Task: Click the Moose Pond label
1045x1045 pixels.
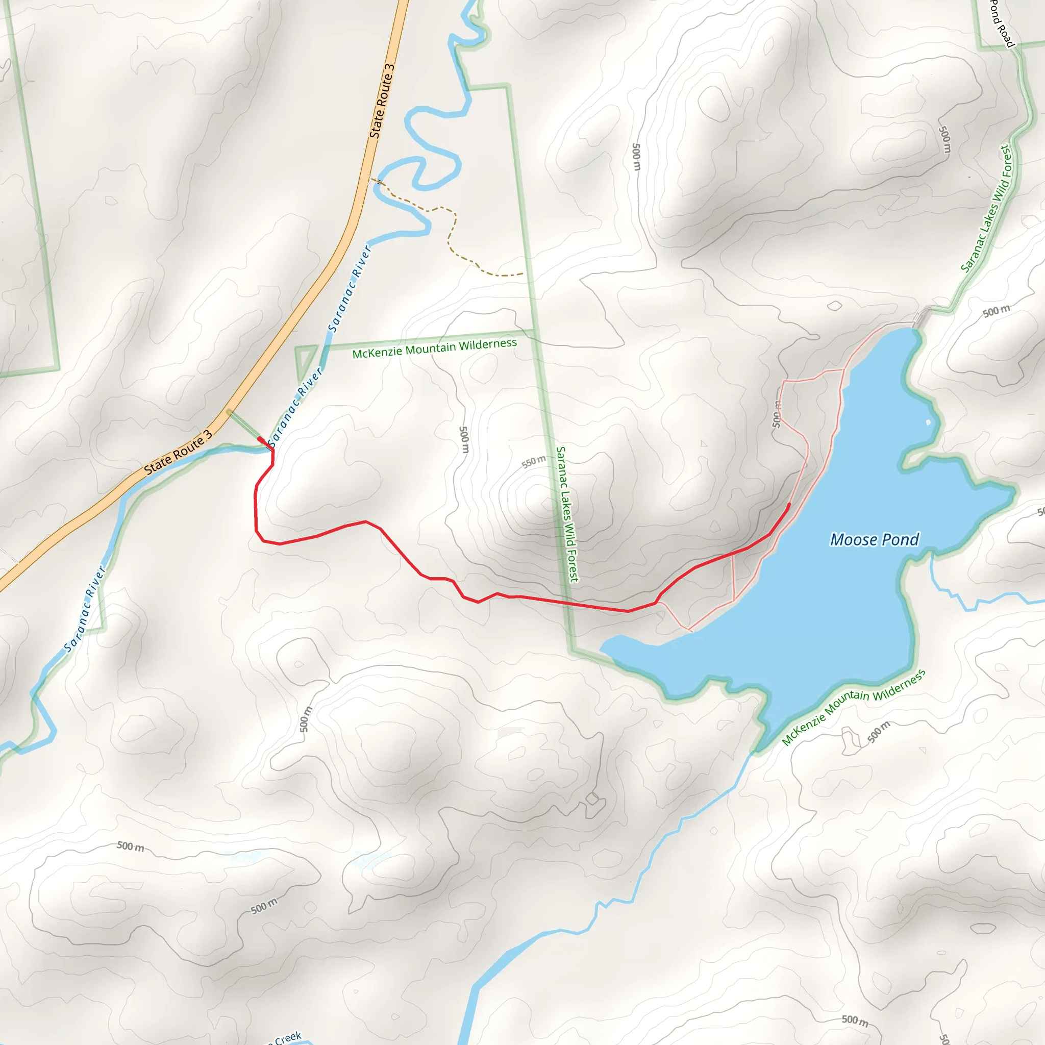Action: point(874,539)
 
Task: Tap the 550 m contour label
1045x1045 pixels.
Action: point(533,461)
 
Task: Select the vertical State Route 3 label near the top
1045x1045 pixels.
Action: point(382,101)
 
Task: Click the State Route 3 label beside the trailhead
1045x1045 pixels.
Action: point(178,452)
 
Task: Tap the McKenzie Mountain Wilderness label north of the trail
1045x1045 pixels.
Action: point(434,349)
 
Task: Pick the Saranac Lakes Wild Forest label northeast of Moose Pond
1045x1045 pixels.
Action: point(985,208)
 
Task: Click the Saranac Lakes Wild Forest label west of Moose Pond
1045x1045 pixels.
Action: point(567,514)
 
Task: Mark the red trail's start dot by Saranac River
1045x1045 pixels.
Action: point(260,439)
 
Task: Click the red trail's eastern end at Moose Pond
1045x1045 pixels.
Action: point(789,504)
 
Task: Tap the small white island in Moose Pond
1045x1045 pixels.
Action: point(929,422)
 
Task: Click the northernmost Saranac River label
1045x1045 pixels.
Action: point(350,288)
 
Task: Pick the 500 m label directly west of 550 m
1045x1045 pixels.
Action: point(463,440)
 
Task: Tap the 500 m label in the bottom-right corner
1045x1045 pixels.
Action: point(855,1020)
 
